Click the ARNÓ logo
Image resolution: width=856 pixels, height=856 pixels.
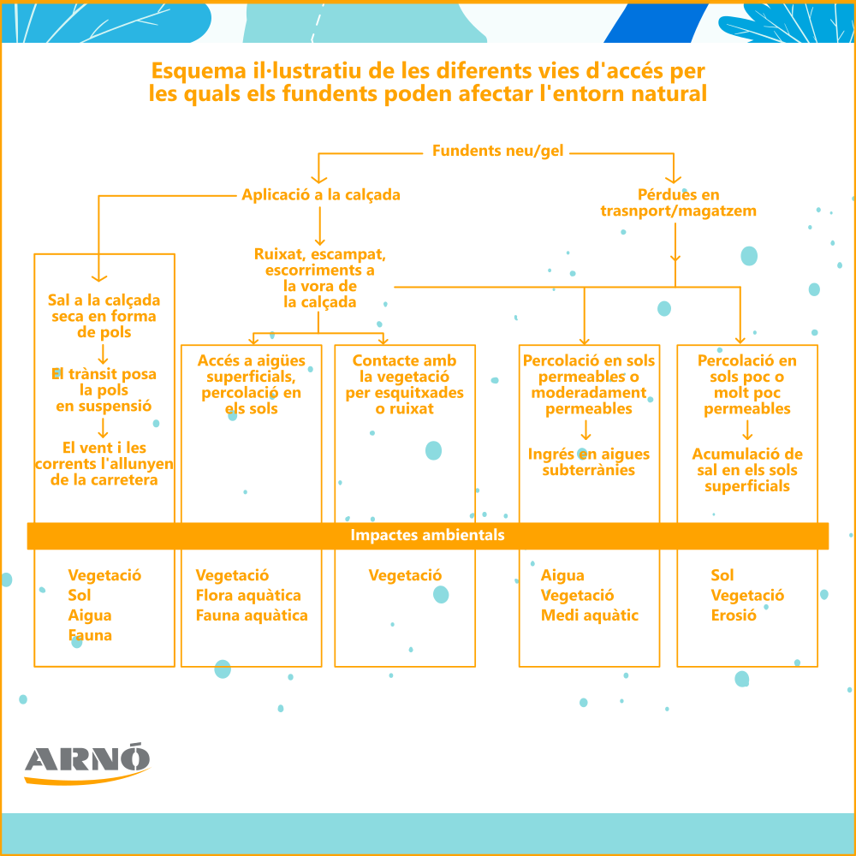[x=87, y=763]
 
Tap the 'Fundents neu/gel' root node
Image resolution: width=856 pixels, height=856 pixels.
[x=497, y=151]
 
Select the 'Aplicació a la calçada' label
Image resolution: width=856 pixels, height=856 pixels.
[x=321, y=195]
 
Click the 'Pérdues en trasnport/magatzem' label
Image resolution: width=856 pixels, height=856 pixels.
[x=678, y=203]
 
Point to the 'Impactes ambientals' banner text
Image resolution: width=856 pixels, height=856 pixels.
[x=427, y=535]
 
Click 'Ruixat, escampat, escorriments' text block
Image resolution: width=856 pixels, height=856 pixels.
[x=320, y=278]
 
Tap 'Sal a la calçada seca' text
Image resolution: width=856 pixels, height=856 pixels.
[x=104, y=316]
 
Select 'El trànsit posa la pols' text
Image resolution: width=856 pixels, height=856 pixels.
[x=104, y=389]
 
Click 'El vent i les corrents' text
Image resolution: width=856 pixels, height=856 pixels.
[x=104, y=463]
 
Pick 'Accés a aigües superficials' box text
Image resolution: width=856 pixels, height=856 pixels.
[x=251, y=384]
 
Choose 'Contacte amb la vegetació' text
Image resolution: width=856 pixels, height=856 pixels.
[x=405, y=384]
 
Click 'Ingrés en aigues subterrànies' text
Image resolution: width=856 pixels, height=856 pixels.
[x=589, y=462]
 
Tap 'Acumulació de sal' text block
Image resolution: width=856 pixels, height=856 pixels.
[x=746, y=470]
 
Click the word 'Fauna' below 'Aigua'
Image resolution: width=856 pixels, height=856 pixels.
[x=90, y=635]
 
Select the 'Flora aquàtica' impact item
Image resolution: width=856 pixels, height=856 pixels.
[x=248, y=596]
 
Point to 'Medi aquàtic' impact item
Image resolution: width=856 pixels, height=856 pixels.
[x=590, y=615]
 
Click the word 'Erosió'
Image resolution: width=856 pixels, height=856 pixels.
[x=734, y=615]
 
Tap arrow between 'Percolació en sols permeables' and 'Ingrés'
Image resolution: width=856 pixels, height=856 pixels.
[x=586, y=430]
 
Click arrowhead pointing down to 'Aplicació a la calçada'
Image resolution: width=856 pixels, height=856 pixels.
[x=318, y=180]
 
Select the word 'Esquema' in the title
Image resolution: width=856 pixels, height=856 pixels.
[x=199, y=71]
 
